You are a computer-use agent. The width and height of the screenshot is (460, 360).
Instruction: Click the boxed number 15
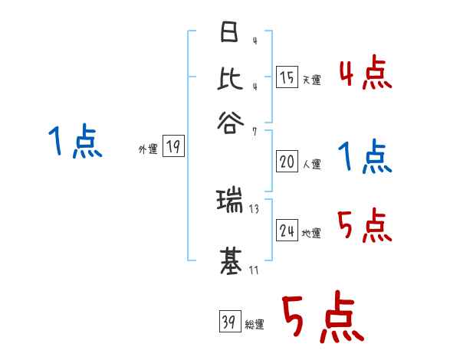(287, 77)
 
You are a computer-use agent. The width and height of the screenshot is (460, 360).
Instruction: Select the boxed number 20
(287, 162)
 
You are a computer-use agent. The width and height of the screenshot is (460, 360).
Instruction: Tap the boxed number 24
(287, 231)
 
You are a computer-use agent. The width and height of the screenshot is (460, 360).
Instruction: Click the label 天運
(311, 80)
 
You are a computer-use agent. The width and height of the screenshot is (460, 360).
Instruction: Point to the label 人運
(311, 164)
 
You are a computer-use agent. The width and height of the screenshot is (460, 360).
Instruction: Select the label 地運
(311, 234)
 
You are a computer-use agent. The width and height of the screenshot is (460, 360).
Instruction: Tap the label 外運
(148, 150)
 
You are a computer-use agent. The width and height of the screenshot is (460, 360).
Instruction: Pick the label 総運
(255, 325)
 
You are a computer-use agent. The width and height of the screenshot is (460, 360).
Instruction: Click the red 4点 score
(366, 74)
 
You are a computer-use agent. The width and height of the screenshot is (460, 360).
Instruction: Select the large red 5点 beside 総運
(321, 318)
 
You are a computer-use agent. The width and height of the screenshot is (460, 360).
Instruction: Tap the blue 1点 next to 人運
(365, 159)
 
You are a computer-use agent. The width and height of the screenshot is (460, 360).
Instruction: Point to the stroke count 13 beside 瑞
(254, 209)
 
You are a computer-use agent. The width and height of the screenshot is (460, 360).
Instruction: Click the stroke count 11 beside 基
(254, 269)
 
